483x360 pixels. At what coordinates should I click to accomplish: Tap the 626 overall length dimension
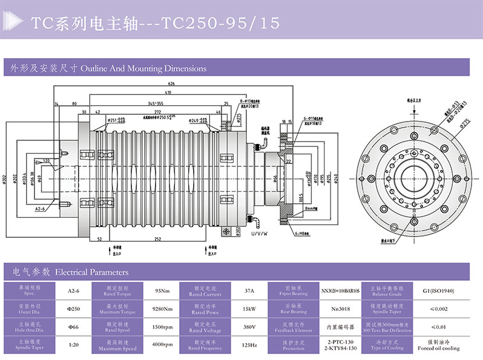[x=172, y=83]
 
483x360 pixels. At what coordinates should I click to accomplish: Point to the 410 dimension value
[x=168, y=92]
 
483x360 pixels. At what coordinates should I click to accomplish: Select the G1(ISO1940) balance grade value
[x=438, y=291]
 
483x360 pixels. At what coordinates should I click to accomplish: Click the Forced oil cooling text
[x=438, y=349]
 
